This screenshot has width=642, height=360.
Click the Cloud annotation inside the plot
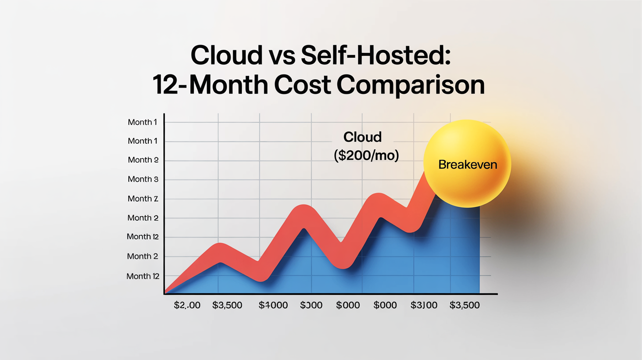(x=362, y=136)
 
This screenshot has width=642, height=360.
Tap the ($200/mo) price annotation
(x=367, y=156)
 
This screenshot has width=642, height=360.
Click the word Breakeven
(x=467, y=164)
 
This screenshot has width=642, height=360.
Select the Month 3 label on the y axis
(x=143, y=179)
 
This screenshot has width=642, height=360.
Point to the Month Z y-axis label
(x=143, y=199)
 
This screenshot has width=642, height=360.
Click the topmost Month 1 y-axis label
(x=143, y=122)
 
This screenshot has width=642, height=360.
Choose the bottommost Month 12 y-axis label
(x=143, y=276)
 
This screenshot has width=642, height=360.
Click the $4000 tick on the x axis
(x=273, y=305)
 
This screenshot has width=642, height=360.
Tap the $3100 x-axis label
(x=424, y=305)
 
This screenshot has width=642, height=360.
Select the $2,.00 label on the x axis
(x=187, y=305)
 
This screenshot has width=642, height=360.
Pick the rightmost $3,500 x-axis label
(x=464, y=305)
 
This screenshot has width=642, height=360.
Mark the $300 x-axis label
(x=311, y=305)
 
